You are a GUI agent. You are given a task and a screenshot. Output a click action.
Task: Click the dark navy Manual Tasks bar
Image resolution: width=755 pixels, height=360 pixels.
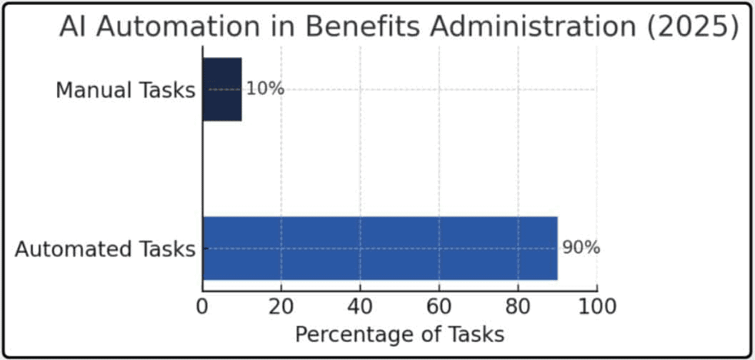222,89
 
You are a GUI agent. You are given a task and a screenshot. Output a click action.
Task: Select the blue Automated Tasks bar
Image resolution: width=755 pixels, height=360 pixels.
379,248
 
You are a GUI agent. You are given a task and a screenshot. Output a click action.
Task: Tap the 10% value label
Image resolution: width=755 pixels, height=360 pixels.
265,89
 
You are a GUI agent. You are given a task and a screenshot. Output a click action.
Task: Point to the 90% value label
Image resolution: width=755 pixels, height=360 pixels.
581,249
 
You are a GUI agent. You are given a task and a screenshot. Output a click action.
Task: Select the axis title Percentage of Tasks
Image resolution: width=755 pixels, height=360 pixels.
399,334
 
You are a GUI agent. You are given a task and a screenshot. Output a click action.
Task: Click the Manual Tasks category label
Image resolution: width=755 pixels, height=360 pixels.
125,91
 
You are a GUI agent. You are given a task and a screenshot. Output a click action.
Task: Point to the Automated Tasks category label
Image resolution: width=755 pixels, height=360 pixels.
105,249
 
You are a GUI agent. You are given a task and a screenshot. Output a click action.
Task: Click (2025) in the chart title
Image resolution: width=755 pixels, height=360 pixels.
693,27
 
